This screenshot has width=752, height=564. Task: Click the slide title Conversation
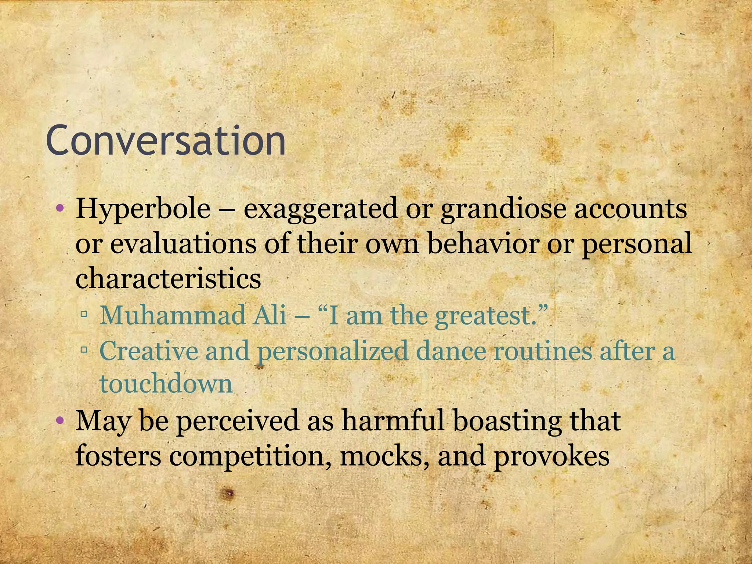point(166,141)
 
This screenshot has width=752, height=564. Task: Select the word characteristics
point(168,278)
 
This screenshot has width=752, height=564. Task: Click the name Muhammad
point(172,315)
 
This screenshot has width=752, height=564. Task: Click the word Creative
point(148,351)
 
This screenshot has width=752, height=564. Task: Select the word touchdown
point(166,384)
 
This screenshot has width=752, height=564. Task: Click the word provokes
point(551,457)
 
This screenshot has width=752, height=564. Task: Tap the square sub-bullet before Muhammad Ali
point(84,314)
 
